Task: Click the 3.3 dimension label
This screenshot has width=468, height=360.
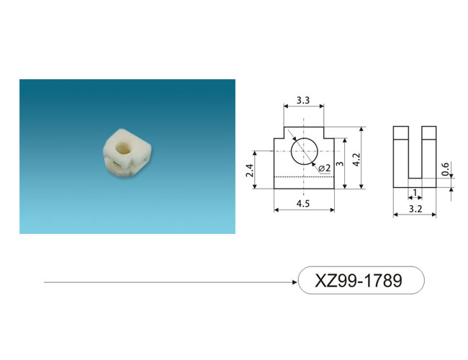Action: [303, 100]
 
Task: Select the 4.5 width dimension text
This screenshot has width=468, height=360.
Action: [303, 204]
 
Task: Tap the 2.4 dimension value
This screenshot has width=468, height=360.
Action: [250, 171]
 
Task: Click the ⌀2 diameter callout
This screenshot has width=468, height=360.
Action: [325, 168]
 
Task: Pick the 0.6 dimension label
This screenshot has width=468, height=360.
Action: [445, 169]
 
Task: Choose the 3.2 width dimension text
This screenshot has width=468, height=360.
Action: [415, 209]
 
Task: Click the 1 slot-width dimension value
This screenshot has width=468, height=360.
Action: [415, 192]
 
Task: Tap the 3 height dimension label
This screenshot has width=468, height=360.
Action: [340, 163]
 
